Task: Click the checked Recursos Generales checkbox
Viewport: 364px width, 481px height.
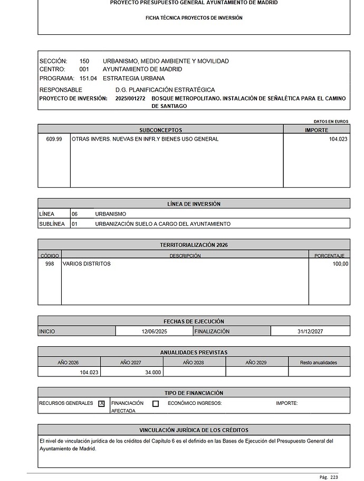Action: pyautogui.click(x=102, y=403)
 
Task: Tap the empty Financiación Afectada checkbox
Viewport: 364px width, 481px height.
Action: pyautogui.click(x=156, y=403)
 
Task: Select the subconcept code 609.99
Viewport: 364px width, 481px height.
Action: pyautogui.click(x=54, y=139)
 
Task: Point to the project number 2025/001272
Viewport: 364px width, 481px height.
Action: pyautogui.click(x=130, y=99)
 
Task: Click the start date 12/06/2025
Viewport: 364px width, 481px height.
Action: pyautogui.click(x=154, y=331)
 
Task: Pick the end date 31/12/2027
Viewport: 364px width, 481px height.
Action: pyautogui.click(x=310, y=331)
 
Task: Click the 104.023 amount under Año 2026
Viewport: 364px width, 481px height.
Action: pyautogui.click(x=89, y=372)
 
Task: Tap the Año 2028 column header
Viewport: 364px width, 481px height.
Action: pyautogui.click(x=194, y=363)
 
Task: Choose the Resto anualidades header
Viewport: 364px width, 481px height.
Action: pyautogui.click(x=319, y=363)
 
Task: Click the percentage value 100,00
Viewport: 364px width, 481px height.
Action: pyautogui.click(x=340, y=264)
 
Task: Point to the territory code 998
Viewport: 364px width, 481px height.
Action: pyautogui.click(x=50, y=264)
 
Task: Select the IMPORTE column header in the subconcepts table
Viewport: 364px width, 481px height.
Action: pyautogui.click(x=317, y=130)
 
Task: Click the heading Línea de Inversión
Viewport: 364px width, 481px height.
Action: pyautogui.click(x=194, y=204)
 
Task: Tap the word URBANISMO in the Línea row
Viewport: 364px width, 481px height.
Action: pyautogui.click(x=111, y=214)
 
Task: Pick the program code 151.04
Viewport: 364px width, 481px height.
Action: pyautogui.click(x=88, y=78)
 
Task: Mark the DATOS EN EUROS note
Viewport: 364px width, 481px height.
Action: pyautogui.click(x=331, y=122)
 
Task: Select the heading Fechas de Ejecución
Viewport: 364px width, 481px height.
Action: pyautogui.click(x=194, y=321)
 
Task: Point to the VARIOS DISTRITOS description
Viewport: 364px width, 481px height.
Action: pyautogui.click(x=87, y=264)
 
